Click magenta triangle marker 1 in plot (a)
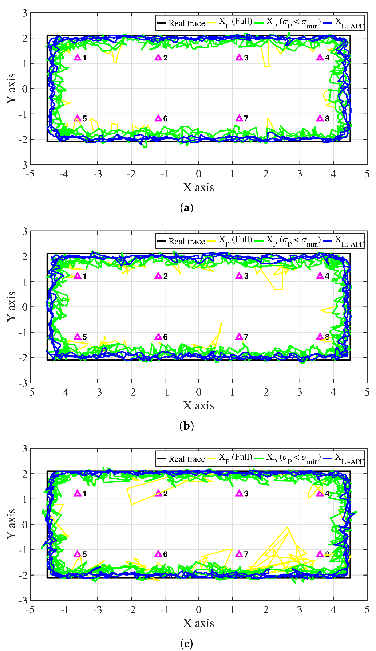[x=77, y=58]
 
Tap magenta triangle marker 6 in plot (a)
[x=158, y=118]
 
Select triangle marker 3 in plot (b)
[x=239, y=276]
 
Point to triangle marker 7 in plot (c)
[x=239, y=554]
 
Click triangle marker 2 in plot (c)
[x=158, y=493]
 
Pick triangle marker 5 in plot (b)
[x=77, y=337]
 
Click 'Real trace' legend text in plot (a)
[x=186, y=23]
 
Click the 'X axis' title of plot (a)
[x=198, y=187]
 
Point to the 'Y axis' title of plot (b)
[x=11, y=306]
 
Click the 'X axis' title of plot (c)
[x=198, y=623]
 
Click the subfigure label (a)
[x=186, y=208]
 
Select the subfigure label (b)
[x=186, y=425]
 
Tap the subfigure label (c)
[x=186, y=644]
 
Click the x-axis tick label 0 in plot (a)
[x=198, y=174]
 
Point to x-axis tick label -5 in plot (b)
[x=30, y=392]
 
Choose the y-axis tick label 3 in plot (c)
[x=24, y=449]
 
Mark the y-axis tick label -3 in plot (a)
[x=23, y=165]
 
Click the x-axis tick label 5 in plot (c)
[x=367, y=610]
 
